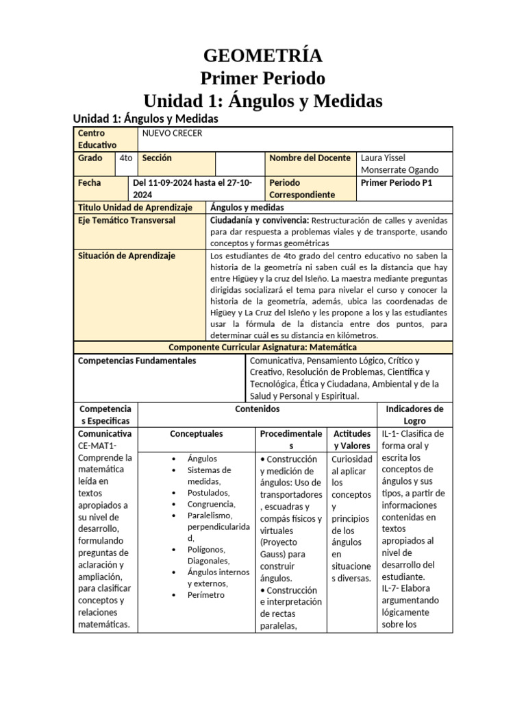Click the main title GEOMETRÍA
(262, 56)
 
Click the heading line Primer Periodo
(262, 78)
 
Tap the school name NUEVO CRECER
(172, 133)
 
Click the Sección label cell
(157, 158)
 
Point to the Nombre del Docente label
(310, 158)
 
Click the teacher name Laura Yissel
(387, 158)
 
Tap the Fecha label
(90, 183)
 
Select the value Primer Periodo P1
(396, 183)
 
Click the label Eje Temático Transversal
(127, 220)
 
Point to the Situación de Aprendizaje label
(127, 256)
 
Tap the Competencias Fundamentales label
(137, 360)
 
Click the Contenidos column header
(257, 409)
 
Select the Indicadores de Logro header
(414, 415)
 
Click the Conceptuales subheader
(196, 434)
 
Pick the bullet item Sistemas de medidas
(209, 476)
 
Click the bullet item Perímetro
(205, 594)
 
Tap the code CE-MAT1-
(98, 446)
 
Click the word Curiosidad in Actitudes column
(351, 459)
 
